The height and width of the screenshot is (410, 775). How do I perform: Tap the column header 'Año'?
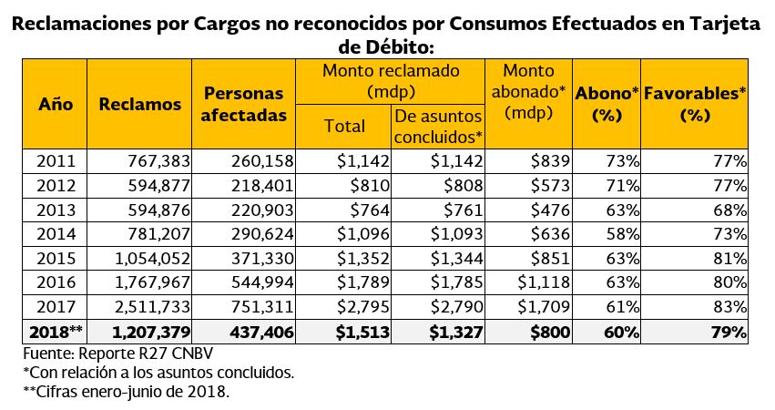tap(56, 104)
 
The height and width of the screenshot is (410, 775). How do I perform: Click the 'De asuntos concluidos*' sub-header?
tap(439, 127)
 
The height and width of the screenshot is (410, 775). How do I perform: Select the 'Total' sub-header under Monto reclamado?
tap(344, 127)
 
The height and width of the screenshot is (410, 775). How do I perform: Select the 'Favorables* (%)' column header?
tap(695, 104)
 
